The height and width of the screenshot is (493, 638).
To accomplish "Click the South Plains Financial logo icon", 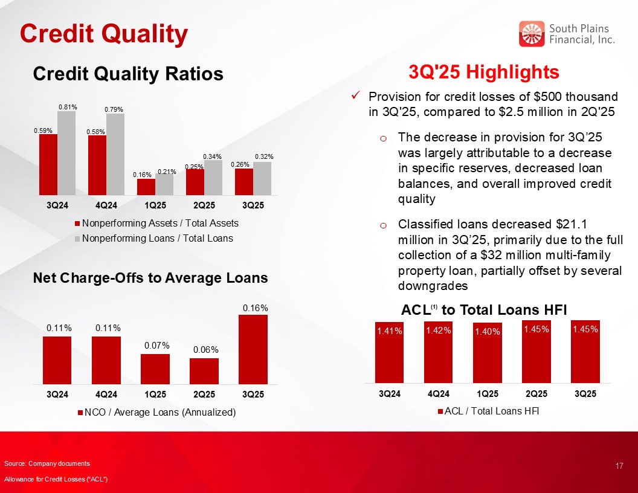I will click(532, 34).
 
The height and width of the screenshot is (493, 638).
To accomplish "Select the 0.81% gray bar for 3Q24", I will click(66, 153).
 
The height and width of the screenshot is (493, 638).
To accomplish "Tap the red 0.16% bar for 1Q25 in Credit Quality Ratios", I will click(146, 187).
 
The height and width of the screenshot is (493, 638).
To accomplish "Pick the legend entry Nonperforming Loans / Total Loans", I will click(157, 238).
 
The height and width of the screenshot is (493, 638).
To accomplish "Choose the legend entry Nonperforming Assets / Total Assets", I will click(160, 223).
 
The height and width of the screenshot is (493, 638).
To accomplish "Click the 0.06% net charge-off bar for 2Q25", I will click(204, 371).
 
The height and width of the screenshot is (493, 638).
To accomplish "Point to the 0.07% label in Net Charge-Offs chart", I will click(155, 346).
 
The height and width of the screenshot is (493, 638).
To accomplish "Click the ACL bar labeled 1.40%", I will click(488, 353).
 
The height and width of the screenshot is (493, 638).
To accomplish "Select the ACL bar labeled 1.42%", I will click(438, 352).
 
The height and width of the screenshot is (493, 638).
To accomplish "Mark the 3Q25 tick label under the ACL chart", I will click(585, 394).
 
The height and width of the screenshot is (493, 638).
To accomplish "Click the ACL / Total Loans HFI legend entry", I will click(491, 412).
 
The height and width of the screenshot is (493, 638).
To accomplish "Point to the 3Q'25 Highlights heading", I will click(484, 72).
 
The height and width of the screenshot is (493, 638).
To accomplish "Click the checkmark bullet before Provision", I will click(356, 96).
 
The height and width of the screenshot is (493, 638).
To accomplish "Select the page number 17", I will click(619, 466).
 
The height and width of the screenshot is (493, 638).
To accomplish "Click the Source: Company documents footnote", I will click(47, 463).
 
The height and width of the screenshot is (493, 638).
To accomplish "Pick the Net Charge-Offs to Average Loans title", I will click(150, 278).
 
